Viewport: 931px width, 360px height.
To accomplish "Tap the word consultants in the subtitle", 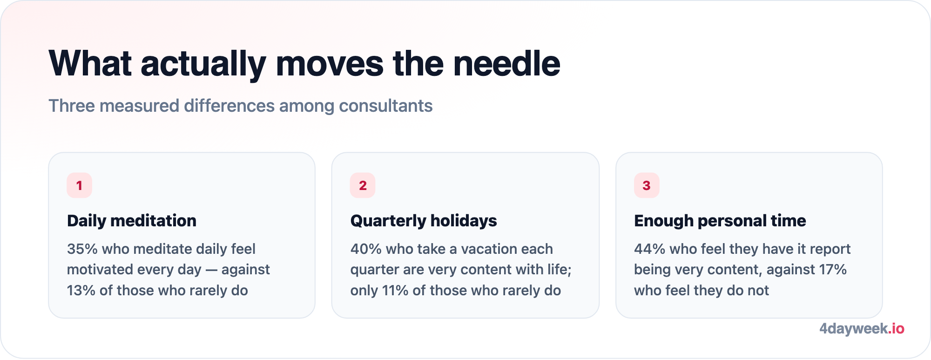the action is coord(385,106).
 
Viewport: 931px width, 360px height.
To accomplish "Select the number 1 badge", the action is coord(79,185).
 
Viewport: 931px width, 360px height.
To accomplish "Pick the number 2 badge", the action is coord(363,185).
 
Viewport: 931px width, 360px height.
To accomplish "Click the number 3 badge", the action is coord(647,185).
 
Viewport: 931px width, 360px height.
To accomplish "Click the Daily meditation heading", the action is coord(132,221).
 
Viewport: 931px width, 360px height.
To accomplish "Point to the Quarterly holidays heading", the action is coord(424,221).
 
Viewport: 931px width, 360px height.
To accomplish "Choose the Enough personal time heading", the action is coord(720,221).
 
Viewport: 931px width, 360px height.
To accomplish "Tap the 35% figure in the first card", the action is coord(82,249).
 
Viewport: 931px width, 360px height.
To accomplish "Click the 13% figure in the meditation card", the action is coord(81,290).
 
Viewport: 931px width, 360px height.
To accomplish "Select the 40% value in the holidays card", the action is coord(366,249).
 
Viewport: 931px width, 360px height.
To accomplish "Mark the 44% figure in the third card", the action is coord(649,249).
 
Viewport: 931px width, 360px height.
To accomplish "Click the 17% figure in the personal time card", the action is coord(832,269).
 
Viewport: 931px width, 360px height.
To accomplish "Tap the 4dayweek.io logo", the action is coord(862,329).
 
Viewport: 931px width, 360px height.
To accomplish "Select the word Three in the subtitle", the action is coord(72,106).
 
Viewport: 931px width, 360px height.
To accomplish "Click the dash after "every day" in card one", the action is coord(211,270).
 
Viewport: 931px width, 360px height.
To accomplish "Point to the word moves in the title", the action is coord(330,63).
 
